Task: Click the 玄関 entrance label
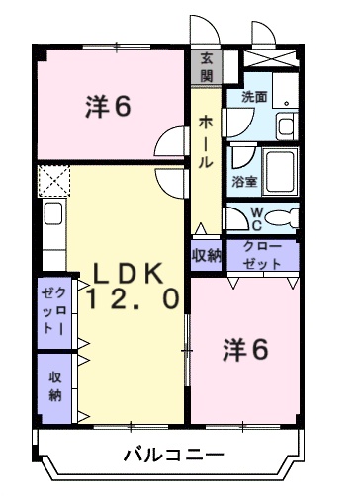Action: [x=207, y=65]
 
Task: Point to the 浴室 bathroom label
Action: [x=243, y=181]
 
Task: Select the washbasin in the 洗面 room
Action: [x=285, y=125]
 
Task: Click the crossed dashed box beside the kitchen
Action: [x=50, y=181]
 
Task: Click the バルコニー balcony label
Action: [x=173, y=456]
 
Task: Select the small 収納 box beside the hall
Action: [x=207, y=254]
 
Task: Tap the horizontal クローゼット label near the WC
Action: [x=261, y=255]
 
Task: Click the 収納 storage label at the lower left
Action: [x=54, y=387]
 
